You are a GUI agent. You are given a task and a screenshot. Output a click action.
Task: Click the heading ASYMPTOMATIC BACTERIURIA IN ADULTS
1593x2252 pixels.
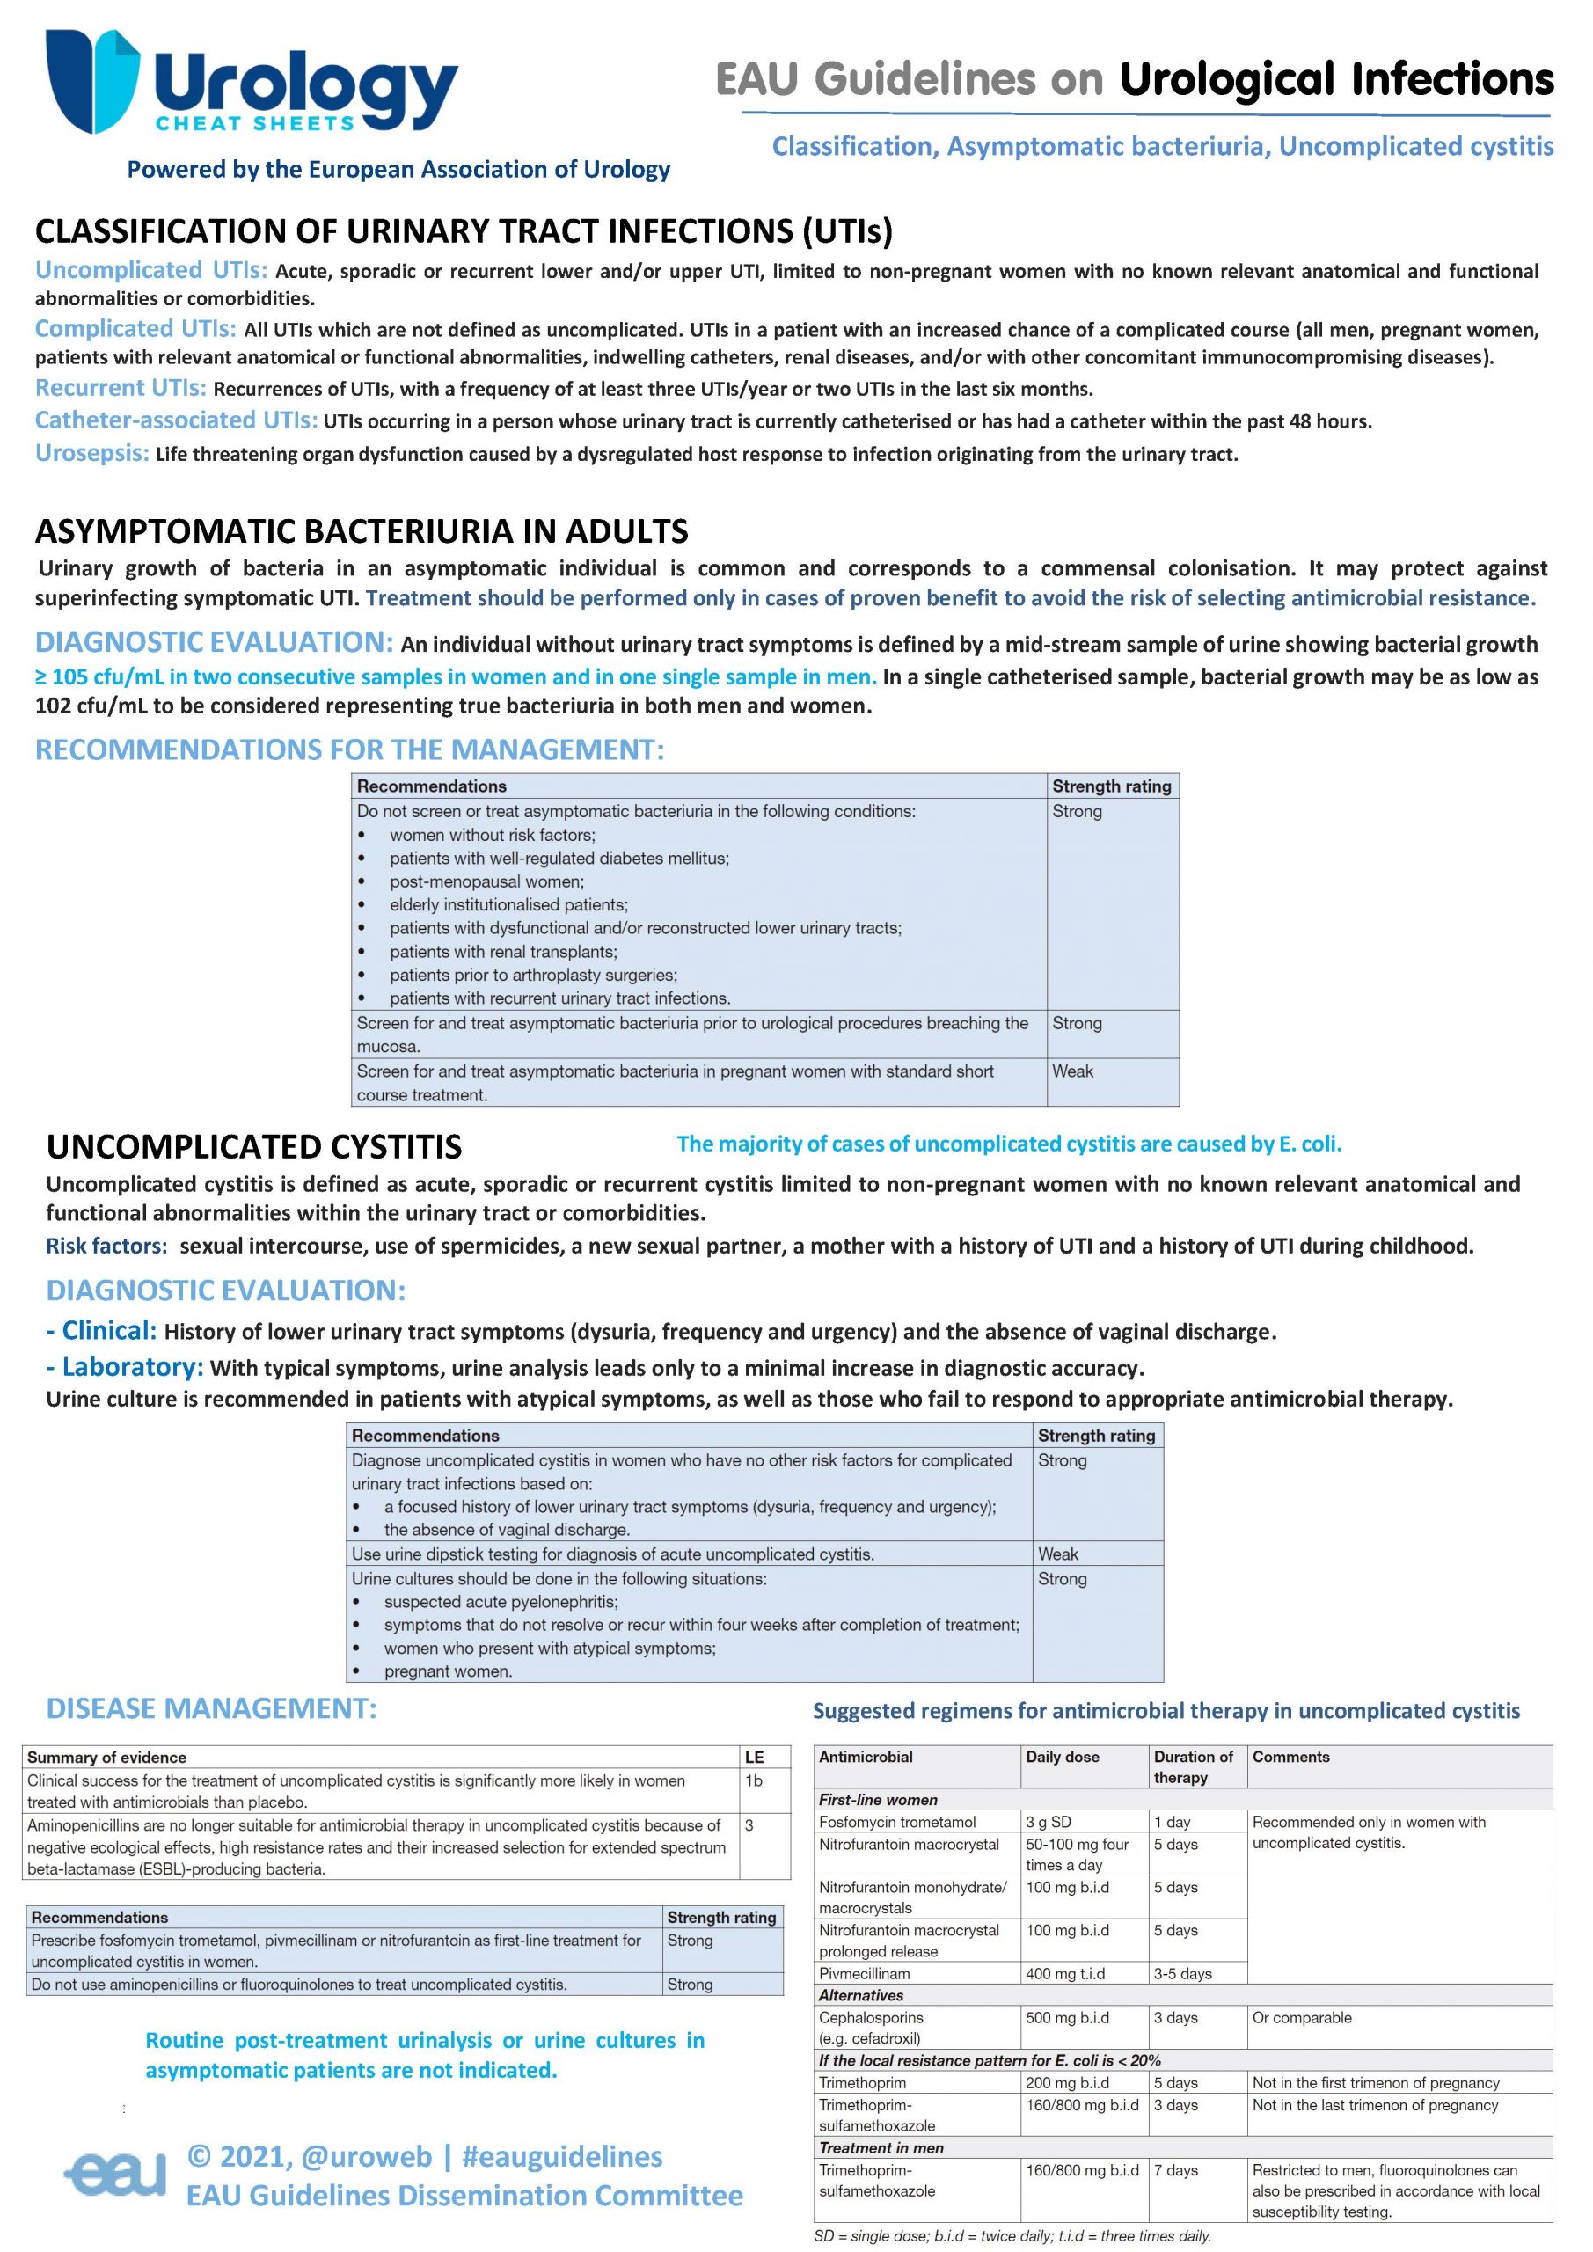click(361, 531)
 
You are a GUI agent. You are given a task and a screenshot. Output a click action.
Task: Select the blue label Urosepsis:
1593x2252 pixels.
click(92, 453)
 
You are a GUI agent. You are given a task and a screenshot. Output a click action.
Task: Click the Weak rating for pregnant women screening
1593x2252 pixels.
click(1072, 1071)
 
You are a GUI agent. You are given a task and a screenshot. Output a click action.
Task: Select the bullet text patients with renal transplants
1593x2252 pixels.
click(502, 952)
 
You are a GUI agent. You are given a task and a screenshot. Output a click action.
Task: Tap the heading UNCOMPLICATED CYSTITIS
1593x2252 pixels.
click(253, 1146)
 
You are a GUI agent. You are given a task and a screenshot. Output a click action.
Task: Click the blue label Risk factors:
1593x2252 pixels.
click(106, 1247)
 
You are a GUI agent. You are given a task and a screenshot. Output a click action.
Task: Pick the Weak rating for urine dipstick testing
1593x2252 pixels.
click(1057, 1554)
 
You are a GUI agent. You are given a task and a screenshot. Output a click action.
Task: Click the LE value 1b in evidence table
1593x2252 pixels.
click(753, 1780)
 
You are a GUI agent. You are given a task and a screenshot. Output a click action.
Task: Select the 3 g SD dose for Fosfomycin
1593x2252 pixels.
click(1048, 1822)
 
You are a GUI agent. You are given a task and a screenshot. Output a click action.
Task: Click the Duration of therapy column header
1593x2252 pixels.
click(1193, 1766)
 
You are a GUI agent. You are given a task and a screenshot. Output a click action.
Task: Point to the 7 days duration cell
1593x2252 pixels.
click(1175, 2170)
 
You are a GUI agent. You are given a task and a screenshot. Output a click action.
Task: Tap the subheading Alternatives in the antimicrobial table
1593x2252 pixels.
click(860, 1995)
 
